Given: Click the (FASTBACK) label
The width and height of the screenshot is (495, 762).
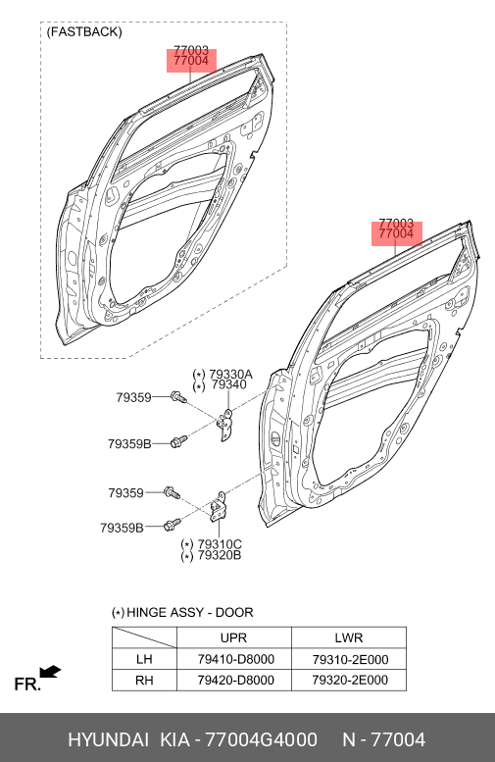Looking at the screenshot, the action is click(x=84, y=32).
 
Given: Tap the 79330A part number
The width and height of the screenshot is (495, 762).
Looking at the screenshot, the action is click(x=230, y=375).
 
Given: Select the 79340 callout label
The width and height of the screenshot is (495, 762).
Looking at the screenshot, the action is click(x=229, y=384).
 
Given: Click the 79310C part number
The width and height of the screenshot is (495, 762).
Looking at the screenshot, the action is click(x=220, y=544).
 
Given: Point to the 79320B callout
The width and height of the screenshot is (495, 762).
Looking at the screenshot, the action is click(x=220, y=555).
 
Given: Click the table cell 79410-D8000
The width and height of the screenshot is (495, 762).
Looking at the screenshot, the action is click(x=235, y=659).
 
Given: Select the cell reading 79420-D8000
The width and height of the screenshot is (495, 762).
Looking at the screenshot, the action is click(x=235, y=680).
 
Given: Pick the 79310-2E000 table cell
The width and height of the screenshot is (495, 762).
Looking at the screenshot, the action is click(x=350, y=659).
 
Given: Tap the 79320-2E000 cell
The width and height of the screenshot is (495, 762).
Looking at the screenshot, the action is click(x=350, y=680).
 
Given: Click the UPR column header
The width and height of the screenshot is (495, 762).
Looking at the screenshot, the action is click(x=233, y=637).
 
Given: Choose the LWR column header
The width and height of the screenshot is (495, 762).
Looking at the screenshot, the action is click(x=349, y=637).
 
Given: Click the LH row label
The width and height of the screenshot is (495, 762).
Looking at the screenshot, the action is click(x=144, y=659).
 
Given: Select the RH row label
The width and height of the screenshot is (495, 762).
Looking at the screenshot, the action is click(x=144, y=680).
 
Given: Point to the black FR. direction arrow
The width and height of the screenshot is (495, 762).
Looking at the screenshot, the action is click(x=50, y=672).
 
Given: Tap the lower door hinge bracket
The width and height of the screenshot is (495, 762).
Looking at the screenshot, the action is click(x=219, y=507).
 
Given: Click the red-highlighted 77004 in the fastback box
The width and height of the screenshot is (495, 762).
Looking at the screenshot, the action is click(x=191, y=61).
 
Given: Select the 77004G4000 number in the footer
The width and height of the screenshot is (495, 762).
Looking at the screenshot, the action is click(x=262, y=739).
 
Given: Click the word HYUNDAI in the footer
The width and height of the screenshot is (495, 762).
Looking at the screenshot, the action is click(x=108, y=739).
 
